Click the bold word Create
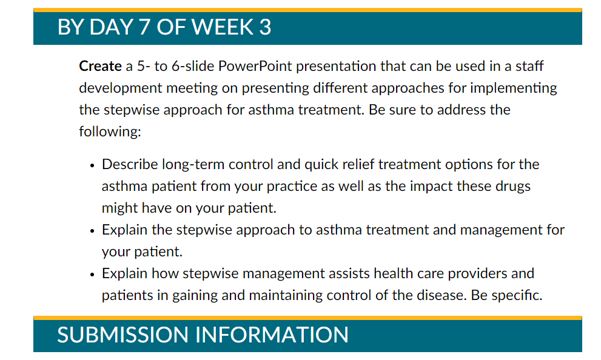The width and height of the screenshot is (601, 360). (101, 66)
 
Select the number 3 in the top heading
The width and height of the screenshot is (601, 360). (264, 27)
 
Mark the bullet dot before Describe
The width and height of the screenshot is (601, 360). (92, 165)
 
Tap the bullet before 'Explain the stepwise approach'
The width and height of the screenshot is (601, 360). (92, 231)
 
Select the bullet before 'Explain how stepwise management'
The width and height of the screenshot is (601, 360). (92, 275)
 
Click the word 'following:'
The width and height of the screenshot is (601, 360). (110, 132)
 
